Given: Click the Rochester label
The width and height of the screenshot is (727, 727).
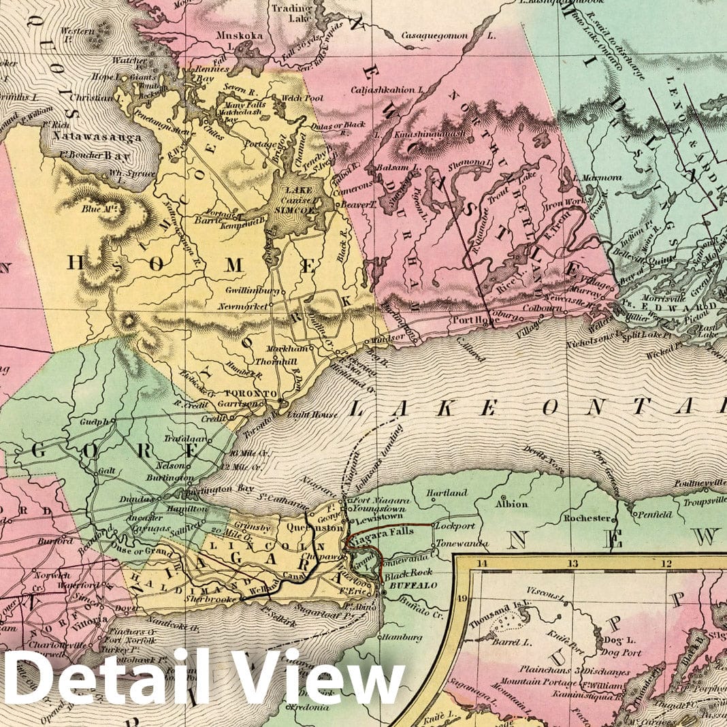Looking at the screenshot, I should pos(586,518).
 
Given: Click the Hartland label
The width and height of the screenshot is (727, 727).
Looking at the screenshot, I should pos(447,492).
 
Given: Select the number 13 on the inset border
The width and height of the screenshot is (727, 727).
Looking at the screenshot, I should pos(574,563).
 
